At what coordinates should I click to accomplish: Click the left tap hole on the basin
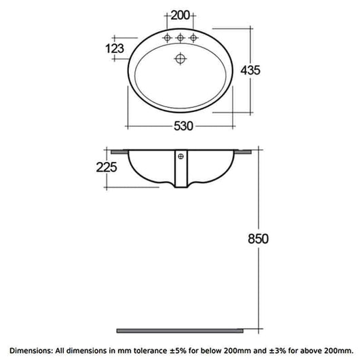[166, 37]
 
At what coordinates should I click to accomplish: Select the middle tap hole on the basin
[180, 37]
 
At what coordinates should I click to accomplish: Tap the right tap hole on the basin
[194, 37]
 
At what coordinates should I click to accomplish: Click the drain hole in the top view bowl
[180, 59]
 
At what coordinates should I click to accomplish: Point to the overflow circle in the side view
[181, 157]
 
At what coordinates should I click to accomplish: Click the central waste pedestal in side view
[181, 173]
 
